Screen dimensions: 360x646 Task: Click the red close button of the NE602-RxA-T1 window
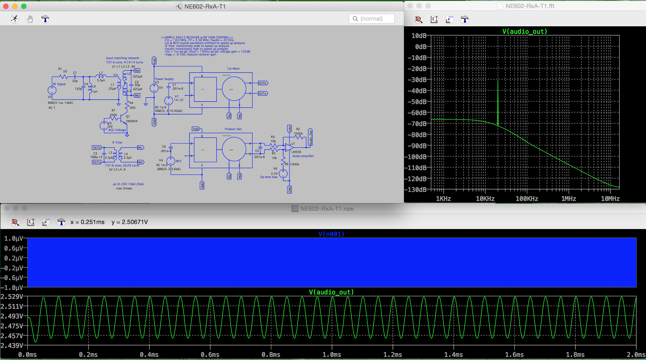6,6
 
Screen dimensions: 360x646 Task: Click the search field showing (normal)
371,19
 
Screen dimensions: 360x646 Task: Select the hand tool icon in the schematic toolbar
30,19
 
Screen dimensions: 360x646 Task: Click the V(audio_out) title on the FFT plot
524,31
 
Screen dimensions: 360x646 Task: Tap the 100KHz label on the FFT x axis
526,198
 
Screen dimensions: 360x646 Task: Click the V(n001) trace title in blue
331,234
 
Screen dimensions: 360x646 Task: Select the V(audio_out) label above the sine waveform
331,292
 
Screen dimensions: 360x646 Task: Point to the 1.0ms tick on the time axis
332,354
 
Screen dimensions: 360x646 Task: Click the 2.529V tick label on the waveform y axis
12,297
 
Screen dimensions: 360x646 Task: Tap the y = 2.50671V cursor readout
130,222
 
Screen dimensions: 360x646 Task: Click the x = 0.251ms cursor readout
87,222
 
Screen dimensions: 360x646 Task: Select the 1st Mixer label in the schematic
233,69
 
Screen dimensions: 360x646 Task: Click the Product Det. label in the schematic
233,129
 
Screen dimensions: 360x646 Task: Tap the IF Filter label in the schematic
117,142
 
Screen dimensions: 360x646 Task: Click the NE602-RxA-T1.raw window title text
327,208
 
